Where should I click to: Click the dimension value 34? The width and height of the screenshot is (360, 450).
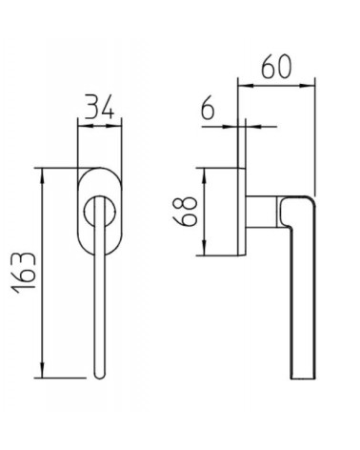(99, 107)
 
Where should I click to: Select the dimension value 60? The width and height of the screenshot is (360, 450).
(276, 67)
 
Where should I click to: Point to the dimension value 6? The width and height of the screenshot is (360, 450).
(208, 111)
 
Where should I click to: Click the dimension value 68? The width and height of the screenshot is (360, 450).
(185, 212)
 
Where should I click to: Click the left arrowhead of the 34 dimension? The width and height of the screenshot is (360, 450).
(84, 126)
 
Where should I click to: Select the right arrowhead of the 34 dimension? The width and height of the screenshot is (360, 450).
(116, 126)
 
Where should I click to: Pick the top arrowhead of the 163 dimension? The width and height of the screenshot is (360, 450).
(42, 175)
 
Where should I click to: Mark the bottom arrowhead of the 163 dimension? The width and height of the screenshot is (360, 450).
(42, 370)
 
